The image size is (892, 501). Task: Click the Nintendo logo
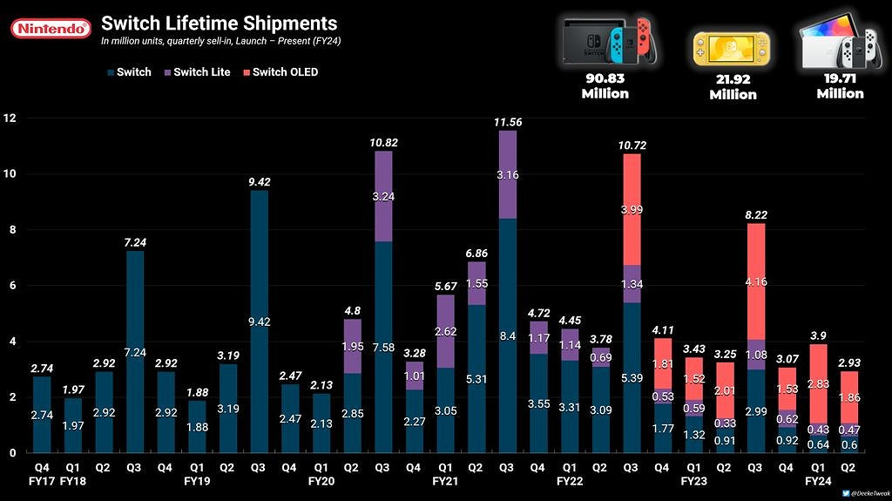tap(51, 30)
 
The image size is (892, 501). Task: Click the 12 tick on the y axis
tap(10, 118)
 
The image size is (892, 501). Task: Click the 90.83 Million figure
tap(605, 85)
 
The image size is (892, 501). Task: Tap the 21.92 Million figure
tap(733, 87)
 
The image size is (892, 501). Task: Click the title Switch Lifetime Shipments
tap(218, 23)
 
